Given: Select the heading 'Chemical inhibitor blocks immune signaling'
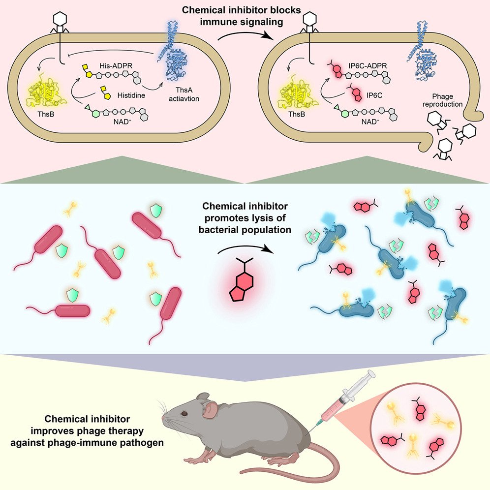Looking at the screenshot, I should point(245,15).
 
